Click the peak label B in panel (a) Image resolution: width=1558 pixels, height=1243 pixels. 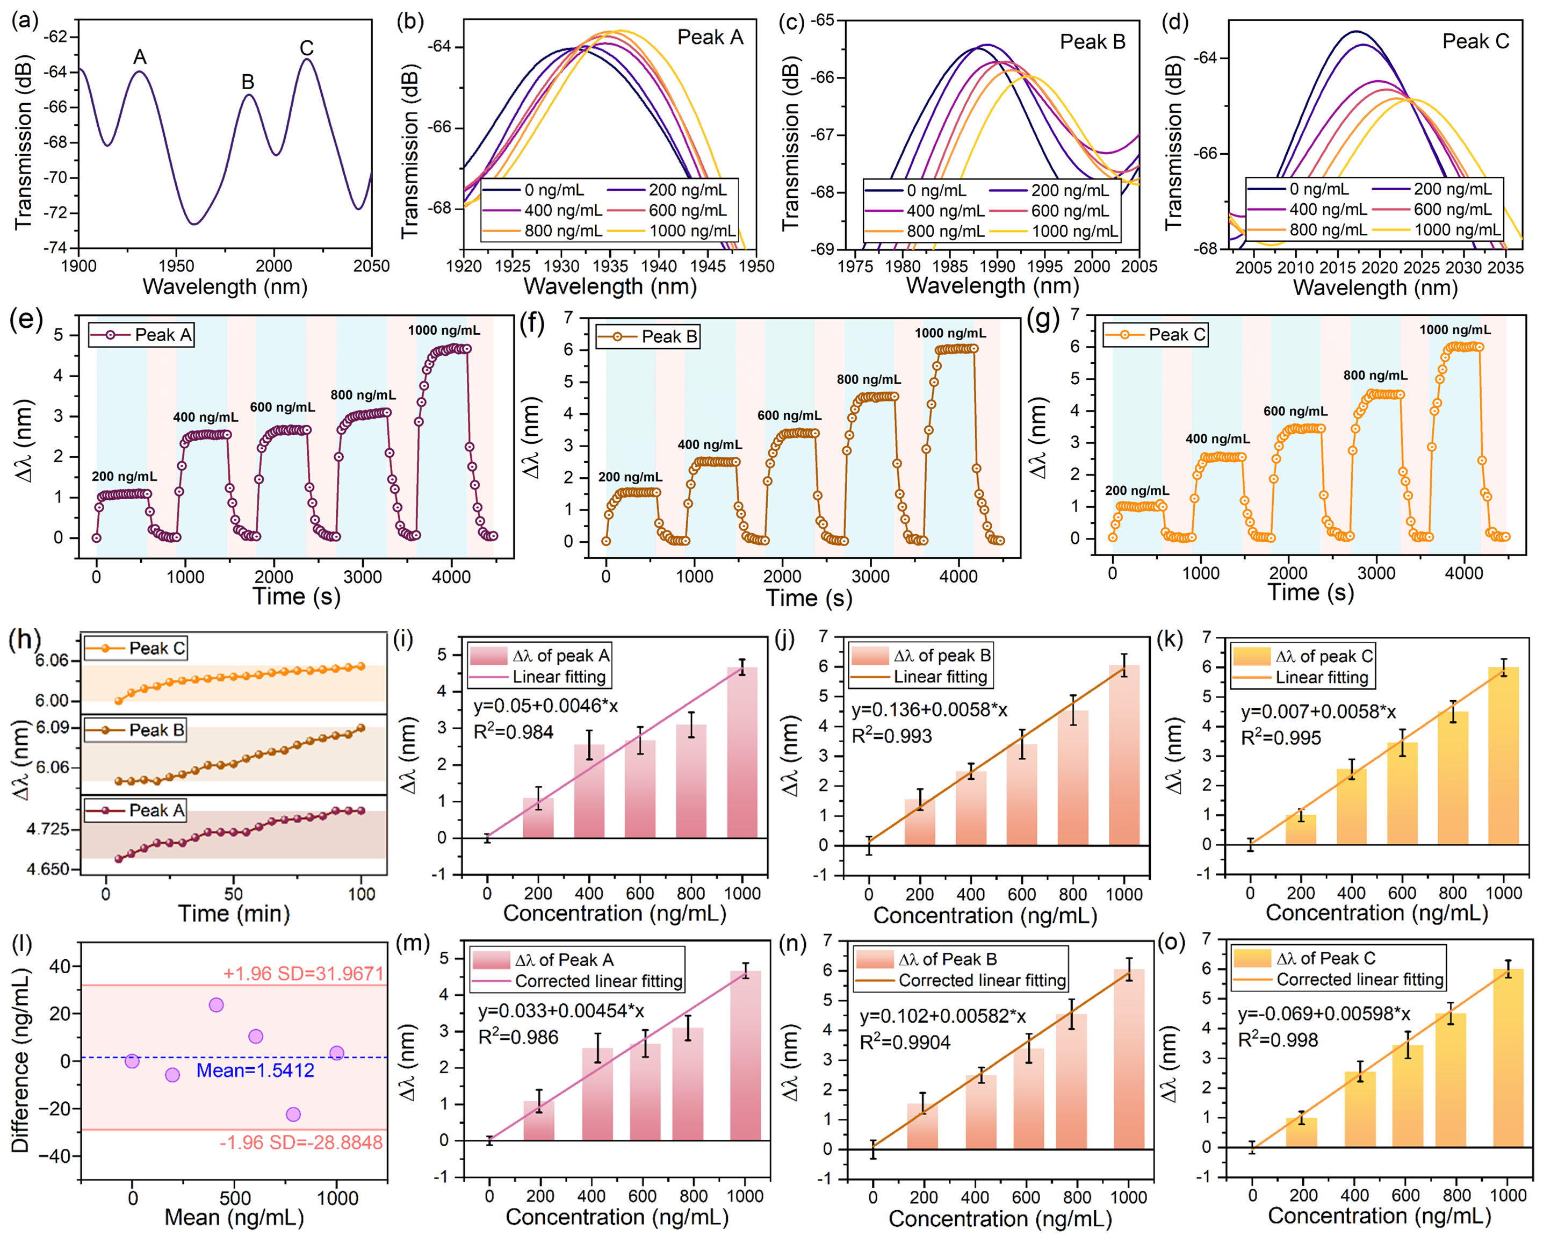tap(248, 82)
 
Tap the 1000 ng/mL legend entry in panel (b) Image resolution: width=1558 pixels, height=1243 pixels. tap(691, 231)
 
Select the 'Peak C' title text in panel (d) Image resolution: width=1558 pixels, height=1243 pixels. tap(1476, 41)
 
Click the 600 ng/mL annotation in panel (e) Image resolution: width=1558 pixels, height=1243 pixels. tap(283, 407)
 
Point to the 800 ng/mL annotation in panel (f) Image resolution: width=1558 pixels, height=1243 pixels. tap(869, 379)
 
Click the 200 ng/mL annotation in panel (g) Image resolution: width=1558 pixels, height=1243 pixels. tap(1137, 491)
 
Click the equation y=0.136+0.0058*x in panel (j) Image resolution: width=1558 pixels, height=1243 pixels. tap(929, 710)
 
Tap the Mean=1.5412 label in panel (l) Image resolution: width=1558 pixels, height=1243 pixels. tap(255, 1070)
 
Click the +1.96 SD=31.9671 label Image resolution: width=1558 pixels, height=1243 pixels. tap(303, 973)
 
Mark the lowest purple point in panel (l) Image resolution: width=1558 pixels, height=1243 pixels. tap(293, 1115)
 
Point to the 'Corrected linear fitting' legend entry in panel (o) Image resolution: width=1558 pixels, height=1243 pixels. tap(1359, 980)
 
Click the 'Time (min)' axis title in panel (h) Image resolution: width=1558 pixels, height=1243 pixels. tap(233, 914)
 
